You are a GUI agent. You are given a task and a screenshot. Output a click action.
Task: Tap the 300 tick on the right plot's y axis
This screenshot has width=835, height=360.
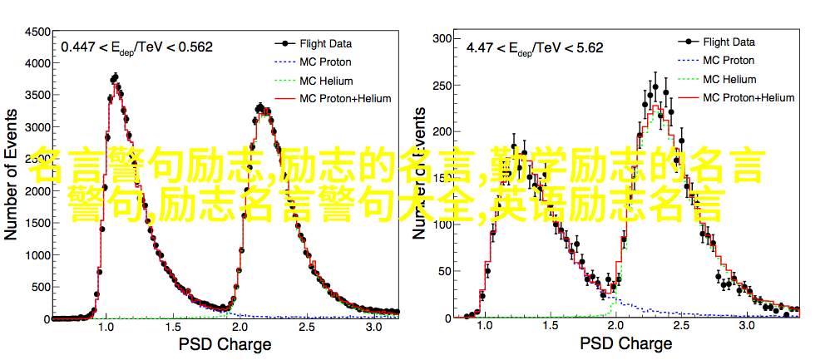pos(440,37)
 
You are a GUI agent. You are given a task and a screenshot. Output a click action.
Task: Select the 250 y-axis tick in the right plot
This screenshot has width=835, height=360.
pos(440,85)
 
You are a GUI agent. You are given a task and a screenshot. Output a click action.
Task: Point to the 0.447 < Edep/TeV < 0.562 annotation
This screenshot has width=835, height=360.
pos(136,47)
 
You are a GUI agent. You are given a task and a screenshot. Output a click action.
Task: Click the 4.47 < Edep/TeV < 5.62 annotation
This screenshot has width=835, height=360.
pos(535,47)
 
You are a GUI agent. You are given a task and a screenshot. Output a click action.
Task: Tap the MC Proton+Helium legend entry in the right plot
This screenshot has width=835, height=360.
pos(748,97)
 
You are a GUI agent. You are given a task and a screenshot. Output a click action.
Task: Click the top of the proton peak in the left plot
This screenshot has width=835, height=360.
pos(115,79)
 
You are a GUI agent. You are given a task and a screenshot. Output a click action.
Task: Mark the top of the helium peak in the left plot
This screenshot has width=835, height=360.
pos(260,107)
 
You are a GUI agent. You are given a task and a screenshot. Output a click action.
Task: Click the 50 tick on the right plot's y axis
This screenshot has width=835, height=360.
pos(442,271)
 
